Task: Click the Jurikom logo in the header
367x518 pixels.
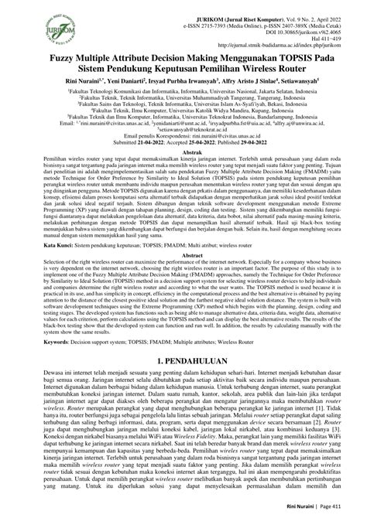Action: coord(30,24)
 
